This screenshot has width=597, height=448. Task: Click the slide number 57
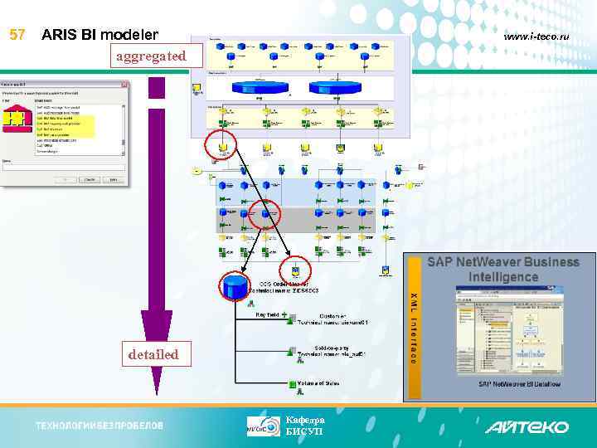[x=17, y=35]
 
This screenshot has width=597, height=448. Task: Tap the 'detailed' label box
[x=153, y=354]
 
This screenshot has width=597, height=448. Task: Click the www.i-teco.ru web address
[x=542, y=37]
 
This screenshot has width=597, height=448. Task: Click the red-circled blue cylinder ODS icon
[x=235, y=287]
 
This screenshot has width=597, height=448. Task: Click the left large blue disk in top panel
[x=260, y=87]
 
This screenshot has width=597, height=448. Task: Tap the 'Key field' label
[x=268, y=316]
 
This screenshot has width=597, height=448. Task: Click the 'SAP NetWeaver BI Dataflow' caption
[x=519, y=383]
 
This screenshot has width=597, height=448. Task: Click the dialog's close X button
[x=123, y=85]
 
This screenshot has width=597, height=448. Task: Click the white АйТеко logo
[x=527, y=426]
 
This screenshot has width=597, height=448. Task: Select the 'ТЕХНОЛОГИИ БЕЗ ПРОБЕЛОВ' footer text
[x=99, y=426]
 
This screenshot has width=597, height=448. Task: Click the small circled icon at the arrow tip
[x=295, y=270]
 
